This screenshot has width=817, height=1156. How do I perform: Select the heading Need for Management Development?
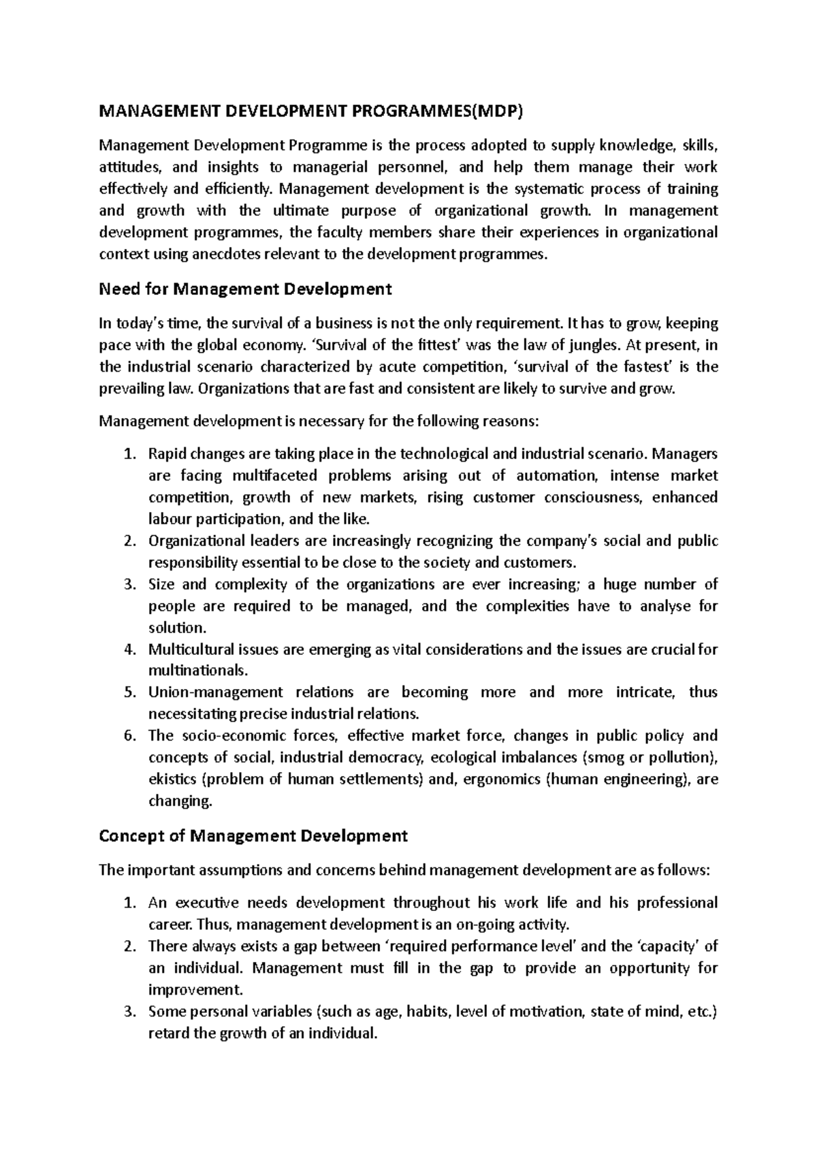point(245,289)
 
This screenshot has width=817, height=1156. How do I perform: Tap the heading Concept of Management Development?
point(253,835)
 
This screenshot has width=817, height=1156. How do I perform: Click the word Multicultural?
point(192,649)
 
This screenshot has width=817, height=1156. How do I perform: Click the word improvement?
point(195,990)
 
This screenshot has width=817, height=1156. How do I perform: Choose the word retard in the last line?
point(166,1033)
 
